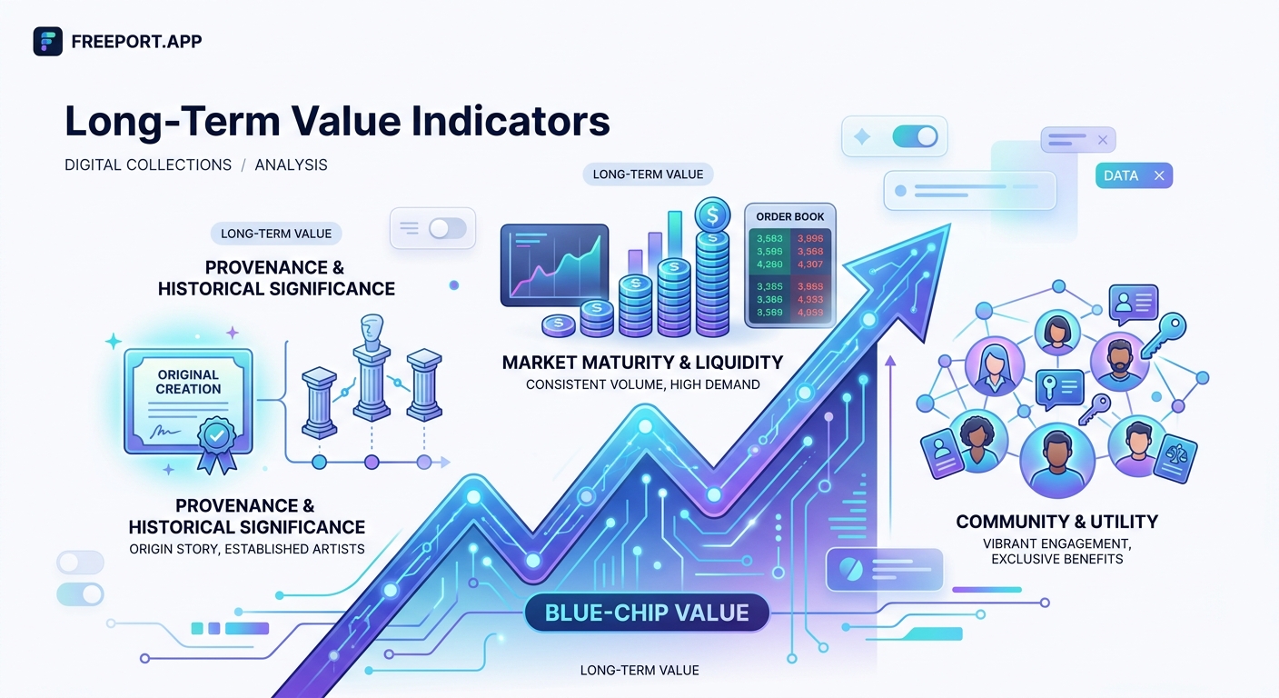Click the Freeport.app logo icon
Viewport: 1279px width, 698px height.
tap(47, 41)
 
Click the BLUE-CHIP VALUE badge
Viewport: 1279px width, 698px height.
tap(646, 613)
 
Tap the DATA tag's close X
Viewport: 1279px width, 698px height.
tap(1158, 175)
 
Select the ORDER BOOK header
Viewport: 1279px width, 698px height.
tap(789, 216)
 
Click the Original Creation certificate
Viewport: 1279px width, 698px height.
tap(188, 401)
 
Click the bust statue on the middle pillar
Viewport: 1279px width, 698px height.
tap(371, 334)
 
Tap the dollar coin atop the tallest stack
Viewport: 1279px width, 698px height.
tap(712, 216)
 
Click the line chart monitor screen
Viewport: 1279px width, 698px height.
tap(554, 264)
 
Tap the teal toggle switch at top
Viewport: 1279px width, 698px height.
tap(915, 136)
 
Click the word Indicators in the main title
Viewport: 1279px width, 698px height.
tap(496, 122)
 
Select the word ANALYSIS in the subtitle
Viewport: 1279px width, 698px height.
tap(291, 165)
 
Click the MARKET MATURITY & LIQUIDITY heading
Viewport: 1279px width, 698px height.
tap(642, 363)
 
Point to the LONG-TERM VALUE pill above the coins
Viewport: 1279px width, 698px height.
tap(648, 174)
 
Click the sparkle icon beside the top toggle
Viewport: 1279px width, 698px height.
tap(862, 136)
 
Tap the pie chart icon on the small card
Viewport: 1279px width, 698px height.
tap(850, 569)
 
